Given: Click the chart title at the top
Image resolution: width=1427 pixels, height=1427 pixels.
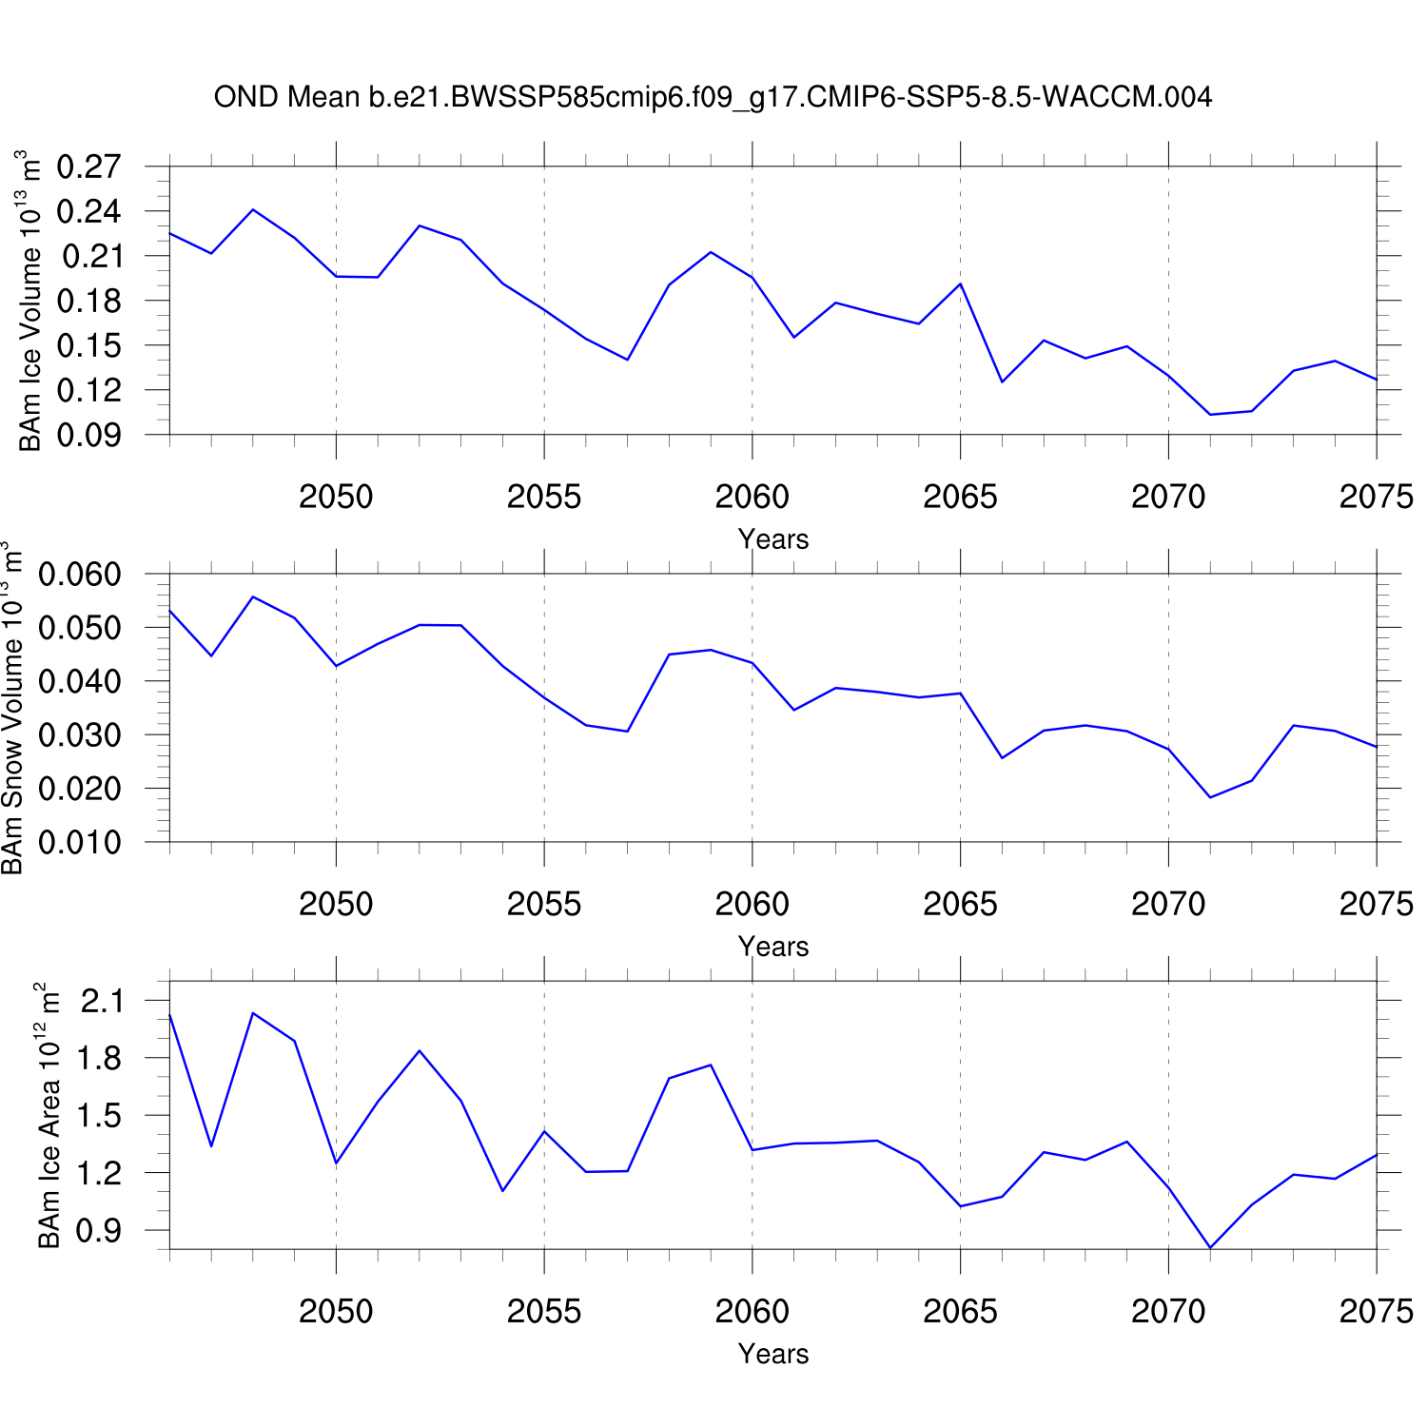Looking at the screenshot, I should (x=713, y=97).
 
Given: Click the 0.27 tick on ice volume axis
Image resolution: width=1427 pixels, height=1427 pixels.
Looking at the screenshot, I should (x=89, y=166).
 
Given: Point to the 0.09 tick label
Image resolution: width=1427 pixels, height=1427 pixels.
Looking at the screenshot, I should (x=89, y=435).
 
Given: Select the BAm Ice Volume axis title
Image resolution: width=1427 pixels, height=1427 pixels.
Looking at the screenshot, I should (x=29, y=300).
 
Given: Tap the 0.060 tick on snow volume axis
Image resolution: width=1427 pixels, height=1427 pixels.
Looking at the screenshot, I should (x=80, y=575).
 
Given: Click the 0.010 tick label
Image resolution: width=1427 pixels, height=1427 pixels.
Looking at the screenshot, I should (x=80, y=842).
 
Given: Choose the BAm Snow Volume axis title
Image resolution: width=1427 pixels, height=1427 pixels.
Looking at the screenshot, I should (x=11, y=708).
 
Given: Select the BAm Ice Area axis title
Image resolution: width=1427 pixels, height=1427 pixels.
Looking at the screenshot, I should (x=49, y=1115).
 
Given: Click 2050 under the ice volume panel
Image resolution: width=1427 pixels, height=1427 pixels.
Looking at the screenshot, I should (x=336, y=497).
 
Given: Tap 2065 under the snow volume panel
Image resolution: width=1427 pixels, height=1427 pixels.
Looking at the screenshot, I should (x=960, y=904).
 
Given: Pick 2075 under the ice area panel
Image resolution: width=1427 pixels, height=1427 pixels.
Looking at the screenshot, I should (x=1376, y=1311).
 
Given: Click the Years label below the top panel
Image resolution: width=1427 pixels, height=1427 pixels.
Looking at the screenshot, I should (x=772, y=539).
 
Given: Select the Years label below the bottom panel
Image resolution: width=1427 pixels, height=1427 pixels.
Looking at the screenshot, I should (x=772, y=1354).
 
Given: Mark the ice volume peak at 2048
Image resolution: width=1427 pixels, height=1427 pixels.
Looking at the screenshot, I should (x=253, y=209).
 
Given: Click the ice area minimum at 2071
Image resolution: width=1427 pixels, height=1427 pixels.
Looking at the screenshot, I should (x=1210, y=1247).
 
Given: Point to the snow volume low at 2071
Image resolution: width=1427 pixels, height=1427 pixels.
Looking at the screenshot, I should (x=1210, y=797).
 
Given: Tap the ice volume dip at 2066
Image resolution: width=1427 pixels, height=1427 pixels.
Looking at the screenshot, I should (x=1002, y=381).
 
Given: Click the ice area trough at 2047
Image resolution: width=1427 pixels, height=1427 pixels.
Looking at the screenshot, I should (x=211, y=1145).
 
